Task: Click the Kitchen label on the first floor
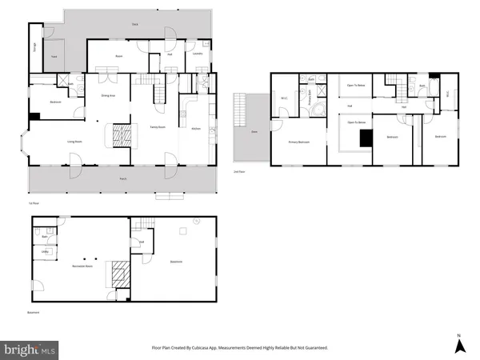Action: (x=196, y=127)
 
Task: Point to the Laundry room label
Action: (x=198, y=54)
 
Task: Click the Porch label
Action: (x=122, y=178)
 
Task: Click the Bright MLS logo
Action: (x=30, y=349)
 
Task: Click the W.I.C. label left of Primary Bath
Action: (x=283, y=99)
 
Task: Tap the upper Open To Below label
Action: (x=356, y=83)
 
